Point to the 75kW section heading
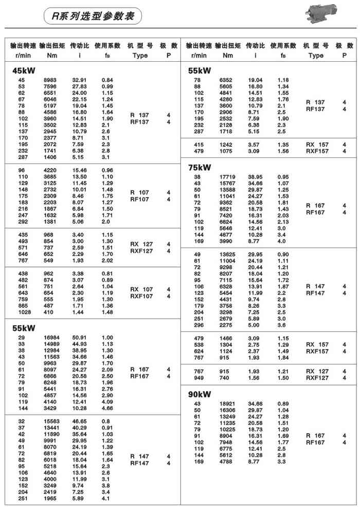click(201, 167)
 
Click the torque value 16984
click(50, 338)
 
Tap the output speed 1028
click(23, 312)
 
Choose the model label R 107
click(140, 192)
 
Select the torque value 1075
click(227, 151)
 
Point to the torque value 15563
click(50, 421)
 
